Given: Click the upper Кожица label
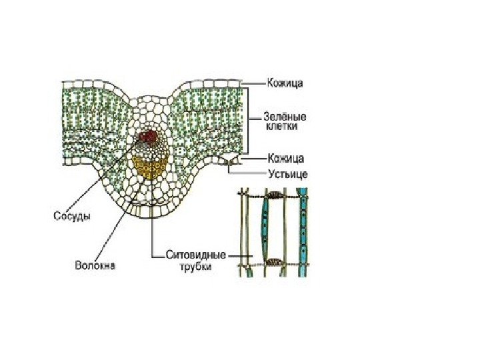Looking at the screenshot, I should pyautogui.click(x=285, y=83).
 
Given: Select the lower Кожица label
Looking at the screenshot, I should pyautogui.click(x=285, y=159).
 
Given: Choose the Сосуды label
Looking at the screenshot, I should pyautogui.click(x=71, y=216).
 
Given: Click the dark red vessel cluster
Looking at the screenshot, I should pyautogui.click(x=148, y=138).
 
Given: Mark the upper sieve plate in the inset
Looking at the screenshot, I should pyautogui.click(x=274, y=197).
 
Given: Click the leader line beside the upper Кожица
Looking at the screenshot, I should pyautogui.click(x=253, y=83).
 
